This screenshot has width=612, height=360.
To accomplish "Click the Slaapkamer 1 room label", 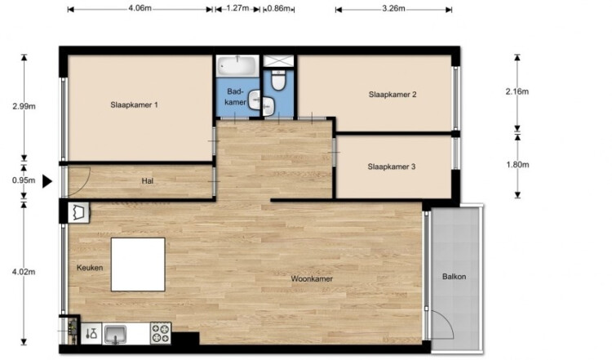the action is pyautogui.click(x=134, y=105).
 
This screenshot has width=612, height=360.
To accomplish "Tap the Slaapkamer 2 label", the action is pyautogui.click(x=392, y=95).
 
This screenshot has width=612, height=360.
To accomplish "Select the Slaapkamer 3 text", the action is pyautogui.click(x=392, y=167).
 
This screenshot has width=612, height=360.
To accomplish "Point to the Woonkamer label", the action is pyautogui.click(x=312, y=279).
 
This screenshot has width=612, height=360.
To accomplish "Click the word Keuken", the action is pyautogui.click(x=90, y=268).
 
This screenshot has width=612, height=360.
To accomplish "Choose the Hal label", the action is pyautogui.click(x=148, y=180).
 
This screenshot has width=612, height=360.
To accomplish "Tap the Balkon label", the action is pyautogui.click(x=454, y=277).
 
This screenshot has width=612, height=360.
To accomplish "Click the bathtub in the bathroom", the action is pyautogui.click(x=237, y=66).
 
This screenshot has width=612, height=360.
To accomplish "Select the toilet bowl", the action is pyautogui.click(x=278, y=81).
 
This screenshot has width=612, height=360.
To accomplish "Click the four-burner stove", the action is pyautogui.click(x=161, y=333).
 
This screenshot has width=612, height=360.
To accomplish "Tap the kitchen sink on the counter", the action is pyautogui.click(x=115, y=334).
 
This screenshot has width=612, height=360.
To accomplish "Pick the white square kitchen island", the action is pyautogui.click(x=138, y=264).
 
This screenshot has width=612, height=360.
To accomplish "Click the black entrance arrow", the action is pyautogui.click(x=47, y=181).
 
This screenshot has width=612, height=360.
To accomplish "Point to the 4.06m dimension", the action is pyautogui.click(x=140, y=8).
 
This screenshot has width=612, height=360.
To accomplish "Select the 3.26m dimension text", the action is pyautogui.click(x=393, y=8).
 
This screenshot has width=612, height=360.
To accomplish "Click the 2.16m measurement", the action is pyautogui.click(x=517, y=91).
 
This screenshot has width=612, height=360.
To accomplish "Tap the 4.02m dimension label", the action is pyautogui.click(x=24, y=272).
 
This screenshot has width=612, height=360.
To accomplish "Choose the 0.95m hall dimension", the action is pyautogui.click(x=24, y=180).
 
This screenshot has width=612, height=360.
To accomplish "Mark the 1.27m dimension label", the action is pyautogui.click(x=237, y=8).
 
